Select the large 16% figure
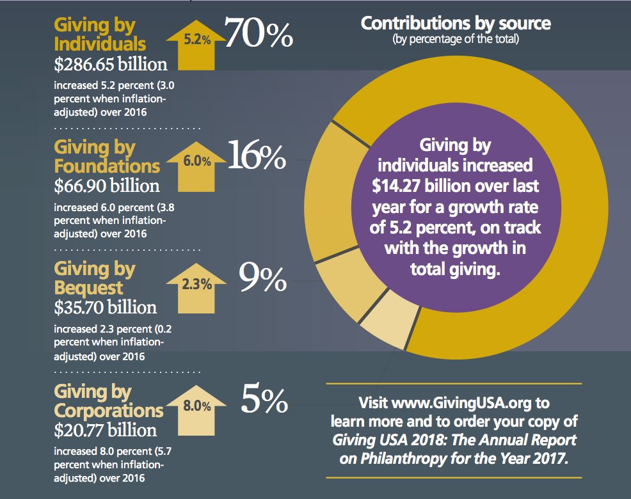[256, 156]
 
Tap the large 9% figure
[262, 279]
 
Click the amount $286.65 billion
[111, 64]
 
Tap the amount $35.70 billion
[105, 307]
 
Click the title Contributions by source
[456, 24]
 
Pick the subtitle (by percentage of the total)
[456, 40]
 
